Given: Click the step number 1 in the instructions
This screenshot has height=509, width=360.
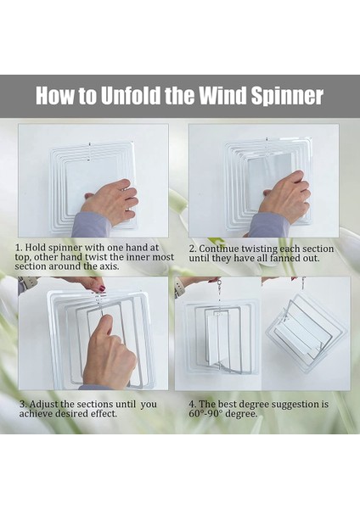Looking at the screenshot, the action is [x=18, y=248].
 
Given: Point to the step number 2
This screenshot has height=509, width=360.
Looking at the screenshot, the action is [x=193, y=249].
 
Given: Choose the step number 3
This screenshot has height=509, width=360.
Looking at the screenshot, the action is [x=22, y=405].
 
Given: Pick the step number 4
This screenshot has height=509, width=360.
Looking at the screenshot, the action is [x=193, y=405].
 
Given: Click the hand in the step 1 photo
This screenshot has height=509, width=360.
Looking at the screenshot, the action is [x=110, y=200].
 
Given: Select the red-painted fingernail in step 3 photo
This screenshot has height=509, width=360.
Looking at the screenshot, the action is [x=102, y=288].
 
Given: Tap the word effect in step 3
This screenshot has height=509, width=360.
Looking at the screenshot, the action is [x=105, y=414].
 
